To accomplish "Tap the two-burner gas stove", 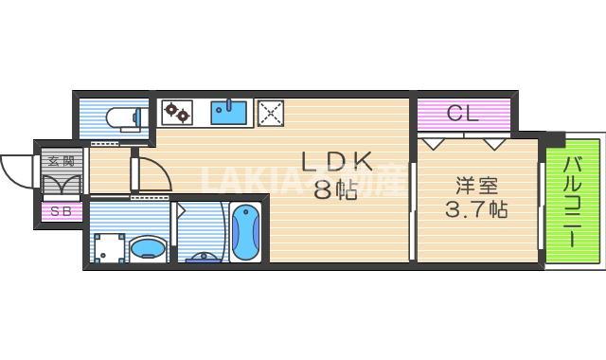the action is point(176,113).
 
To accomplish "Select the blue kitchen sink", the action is point(229,113).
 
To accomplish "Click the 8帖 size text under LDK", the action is point(335,190).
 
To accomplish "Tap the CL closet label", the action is point(463,115).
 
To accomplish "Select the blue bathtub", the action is point(245,232).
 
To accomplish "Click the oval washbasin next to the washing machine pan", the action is point(148,249).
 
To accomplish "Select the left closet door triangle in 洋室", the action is point(435,143).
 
